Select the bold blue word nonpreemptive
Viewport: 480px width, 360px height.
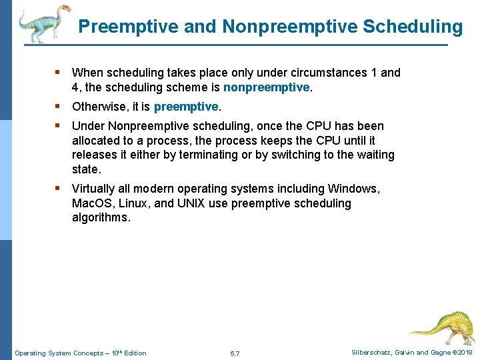coord(267,87)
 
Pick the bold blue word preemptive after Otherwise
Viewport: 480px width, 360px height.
coord(186,107)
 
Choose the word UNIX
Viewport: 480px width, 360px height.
coord(193,203)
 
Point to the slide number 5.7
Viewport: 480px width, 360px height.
coord(235,353)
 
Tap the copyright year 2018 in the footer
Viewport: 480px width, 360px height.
coord(464,353)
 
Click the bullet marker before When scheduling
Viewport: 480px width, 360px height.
coord(59,72)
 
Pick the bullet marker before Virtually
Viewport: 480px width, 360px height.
coord(59,189)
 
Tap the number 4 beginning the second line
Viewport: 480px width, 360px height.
coord(75,87)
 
